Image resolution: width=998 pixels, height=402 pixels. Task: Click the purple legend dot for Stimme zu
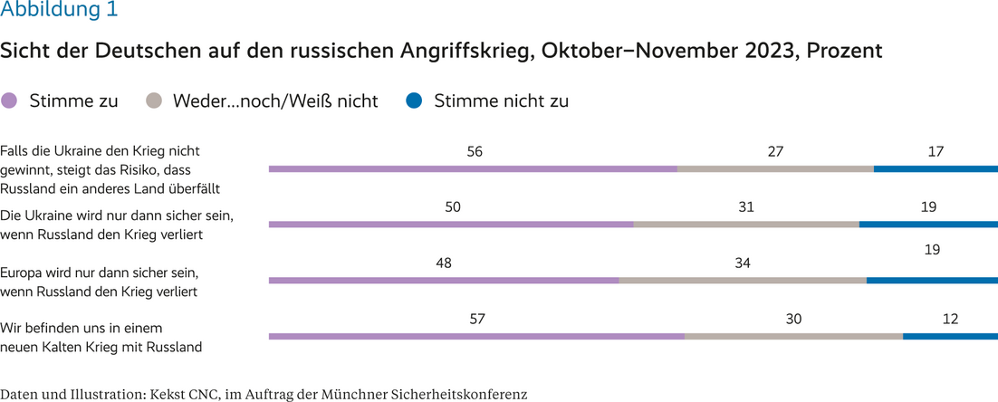coord(10,101)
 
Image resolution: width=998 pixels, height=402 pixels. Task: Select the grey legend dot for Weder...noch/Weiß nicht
coord(153,101)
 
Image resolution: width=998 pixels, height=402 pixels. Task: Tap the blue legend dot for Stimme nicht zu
coord(414,101)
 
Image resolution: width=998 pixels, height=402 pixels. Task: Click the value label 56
coord(474,152)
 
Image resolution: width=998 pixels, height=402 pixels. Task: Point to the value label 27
coord(775,152)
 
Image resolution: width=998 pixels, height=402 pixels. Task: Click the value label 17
coord(936,152)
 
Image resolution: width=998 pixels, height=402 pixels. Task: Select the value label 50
coord(453,207)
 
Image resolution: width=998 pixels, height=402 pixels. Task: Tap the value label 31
coord(746,207)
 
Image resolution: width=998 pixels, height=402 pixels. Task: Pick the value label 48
coord(443,263)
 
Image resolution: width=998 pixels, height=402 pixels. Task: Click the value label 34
coord(743,263)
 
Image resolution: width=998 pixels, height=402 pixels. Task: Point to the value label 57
coord(477,320)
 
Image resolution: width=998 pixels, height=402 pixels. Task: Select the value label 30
coord(794,320)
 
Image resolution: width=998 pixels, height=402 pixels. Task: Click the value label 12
coord(949,320)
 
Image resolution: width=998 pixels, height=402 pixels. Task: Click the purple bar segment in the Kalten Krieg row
coord(477,337)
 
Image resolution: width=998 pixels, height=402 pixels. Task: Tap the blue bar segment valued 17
coord(936,168)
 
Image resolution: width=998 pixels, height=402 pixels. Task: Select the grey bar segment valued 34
coord(743,281)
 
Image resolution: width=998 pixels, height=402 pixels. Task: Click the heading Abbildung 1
coord(59,12)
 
